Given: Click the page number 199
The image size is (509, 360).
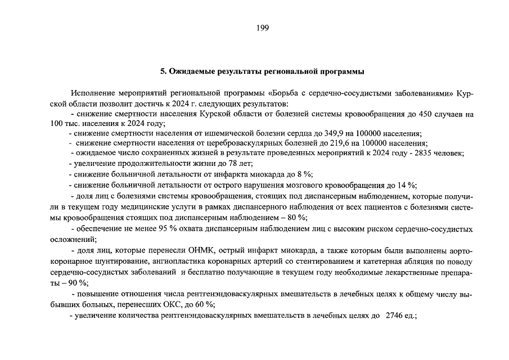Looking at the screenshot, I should [x=254, y=29].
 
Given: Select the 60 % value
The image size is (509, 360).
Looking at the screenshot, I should [x=205, y=304].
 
